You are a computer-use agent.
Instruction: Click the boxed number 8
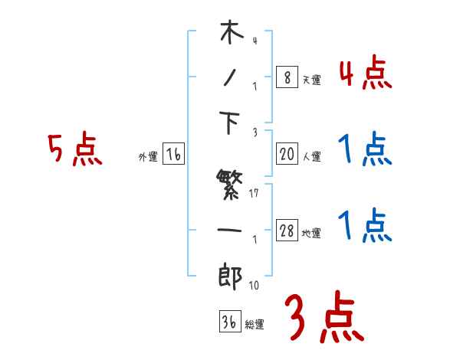coord(286,77)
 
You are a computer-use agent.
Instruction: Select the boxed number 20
coord(286,155)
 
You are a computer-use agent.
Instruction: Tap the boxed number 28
coord(287,231)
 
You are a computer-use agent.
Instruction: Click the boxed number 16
coord(173,155)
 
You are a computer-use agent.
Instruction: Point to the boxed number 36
coord(228,322)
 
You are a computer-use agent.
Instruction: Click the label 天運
coord(310,80)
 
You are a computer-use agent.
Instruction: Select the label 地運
coord(311,234)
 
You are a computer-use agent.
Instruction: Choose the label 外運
coord(148,157)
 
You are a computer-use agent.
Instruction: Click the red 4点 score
coord(364,75)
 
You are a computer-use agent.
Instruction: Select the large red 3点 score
coord(324,316)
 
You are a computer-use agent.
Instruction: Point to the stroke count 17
coord(256,192)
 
